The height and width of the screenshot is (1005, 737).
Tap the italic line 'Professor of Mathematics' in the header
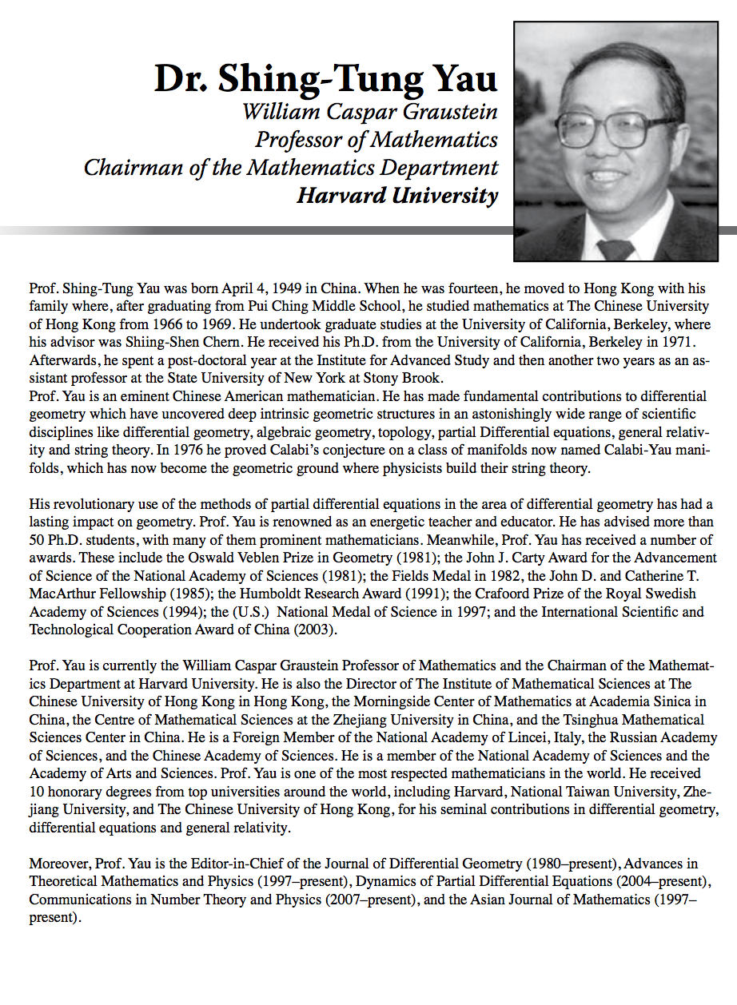click(x=376, y=140)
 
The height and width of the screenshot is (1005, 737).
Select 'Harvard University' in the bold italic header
click(x=397, y=196)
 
